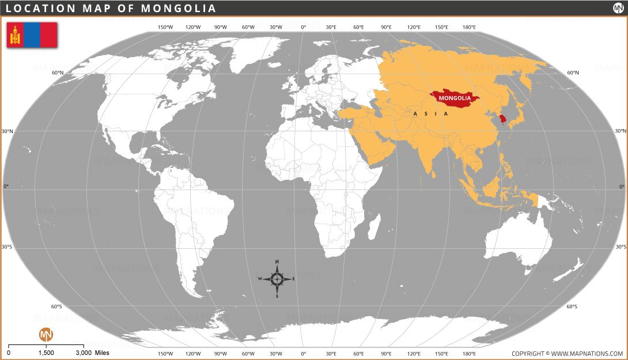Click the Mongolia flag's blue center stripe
32,35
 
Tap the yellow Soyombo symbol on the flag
15,35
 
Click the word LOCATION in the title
40,8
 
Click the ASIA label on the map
430,114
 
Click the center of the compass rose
277,279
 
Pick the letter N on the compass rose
277,262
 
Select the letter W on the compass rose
260,279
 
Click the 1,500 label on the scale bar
46,353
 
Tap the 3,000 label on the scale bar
83,353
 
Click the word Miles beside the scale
102,353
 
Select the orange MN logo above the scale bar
46,334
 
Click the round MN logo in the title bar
618,8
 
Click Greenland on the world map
254,55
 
